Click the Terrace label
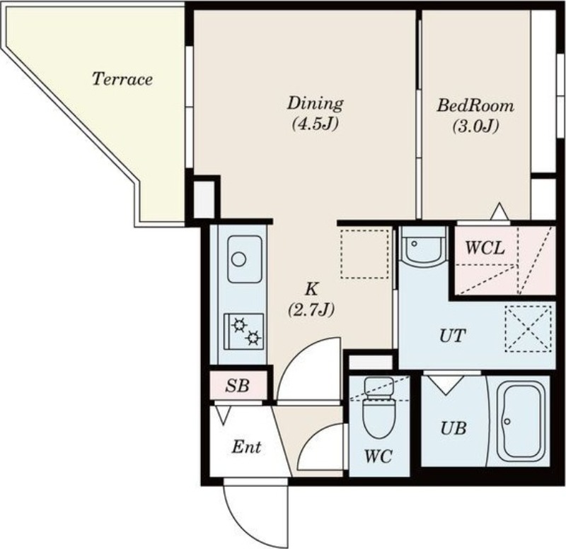click(122, 79)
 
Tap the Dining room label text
click(315, 103)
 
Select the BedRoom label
click(475, 105)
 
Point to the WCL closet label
click(485, 248)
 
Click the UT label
click(452, 336)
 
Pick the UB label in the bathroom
click(454, 428)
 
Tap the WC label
click(379, 456)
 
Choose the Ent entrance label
click(246, 447)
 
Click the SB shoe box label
click(237, 386)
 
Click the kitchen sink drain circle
click(238, 259)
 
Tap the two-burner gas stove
click(243, 331)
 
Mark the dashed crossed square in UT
click(528, 329)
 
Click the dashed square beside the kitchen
click(365, 253)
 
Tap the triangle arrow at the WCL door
click(499, 211)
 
